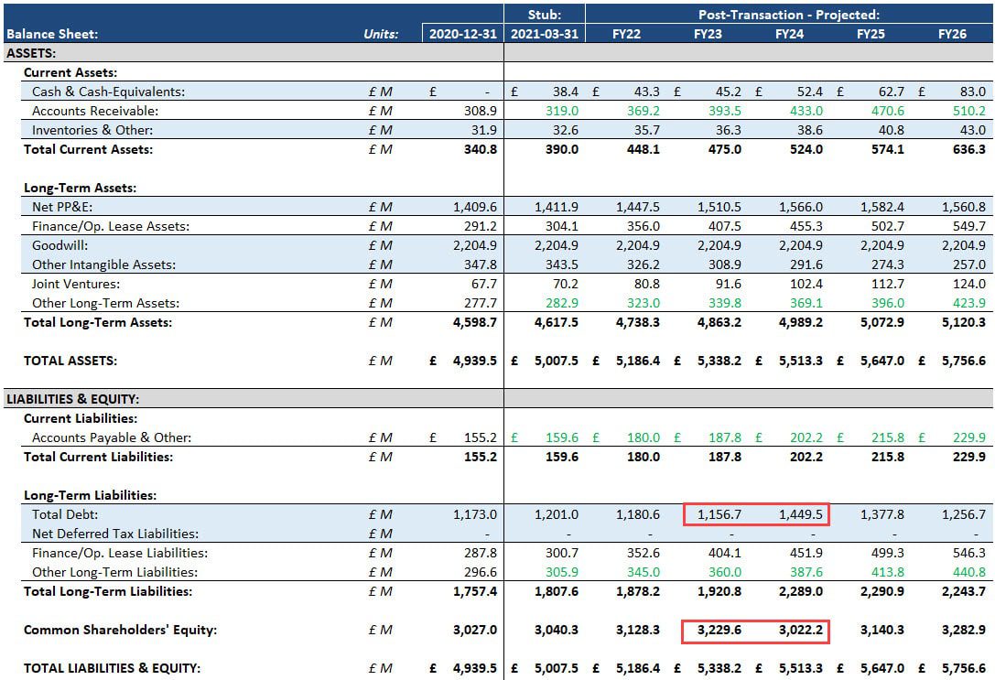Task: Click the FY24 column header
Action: click(789, 34)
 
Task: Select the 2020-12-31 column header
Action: click(463, 34)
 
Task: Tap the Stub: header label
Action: click(544, 15)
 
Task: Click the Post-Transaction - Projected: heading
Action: click(789, 15)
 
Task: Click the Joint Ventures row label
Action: click(76, 284)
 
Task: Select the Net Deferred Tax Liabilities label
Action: click(115, 534)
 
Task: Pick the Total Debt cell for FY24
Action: click(801, 514)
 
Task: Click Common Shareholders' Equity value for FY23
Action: click(719, 630)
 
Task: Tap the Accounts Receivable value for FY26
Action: click(968, 111)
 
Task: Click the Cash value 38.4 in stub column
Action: click(565, 92)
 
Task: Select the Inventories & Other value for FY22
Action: click(646, 130)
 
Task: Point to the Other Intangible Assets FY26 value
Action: click(968, 264)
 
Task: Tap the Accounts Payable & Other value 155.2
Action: click(481, 437)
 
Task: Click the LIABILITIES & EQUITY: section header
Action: click(71, 399)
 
